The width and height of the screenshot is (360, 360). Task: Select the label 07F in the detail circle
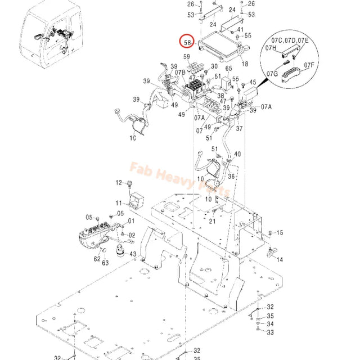pos(309,65)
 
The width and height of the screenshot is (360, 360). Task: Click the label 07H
pos(271,48)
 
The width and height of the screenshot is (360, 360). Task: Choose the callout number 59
pos(187,57)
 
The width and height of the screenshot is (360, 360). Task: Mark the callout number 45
pos(253,83)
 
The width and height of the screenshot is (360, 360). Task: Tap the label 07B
pos(179,73)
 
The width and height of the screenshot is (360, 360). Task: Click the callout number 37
pos(239,128)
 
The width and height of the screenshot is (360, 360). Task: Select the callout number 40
pos(237,154)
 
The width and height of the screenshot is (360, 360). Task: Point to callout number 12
pos(119,183)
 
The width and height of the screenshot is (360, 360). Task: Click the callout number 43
pos(133,255)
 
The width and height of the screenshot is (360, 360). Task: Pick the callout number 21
pos(212,221)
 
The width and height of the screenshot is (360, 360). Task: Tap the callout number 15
pos(280,233)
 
